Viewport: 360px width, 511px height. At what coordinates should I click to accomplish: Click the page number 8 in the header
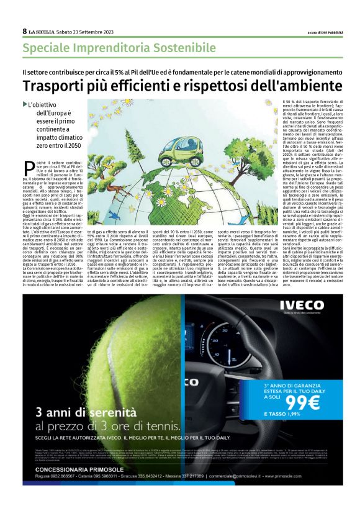tap(24, 31)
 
